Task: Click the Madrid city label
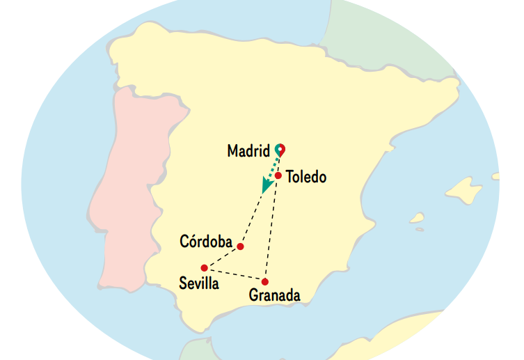point(248,151)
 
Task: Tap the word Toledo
point(305,178)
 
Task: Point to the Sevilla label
point(198,283)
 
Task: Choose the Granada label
point(275,296)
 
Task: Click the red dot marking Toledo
point(278,175)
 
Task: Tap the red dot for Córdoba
point(240,246)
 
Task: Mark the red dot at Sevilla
point(204,267)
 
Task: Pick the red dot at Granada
point(265,281)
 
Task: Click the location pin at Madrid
point(280,149)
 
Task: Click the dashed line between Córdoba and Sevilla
point(222,257)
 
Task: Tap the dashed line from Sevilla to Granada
point(235,274)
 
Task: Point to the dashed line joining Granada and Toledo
point(271,230)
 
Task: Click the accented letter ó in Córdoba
point(194,242)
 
